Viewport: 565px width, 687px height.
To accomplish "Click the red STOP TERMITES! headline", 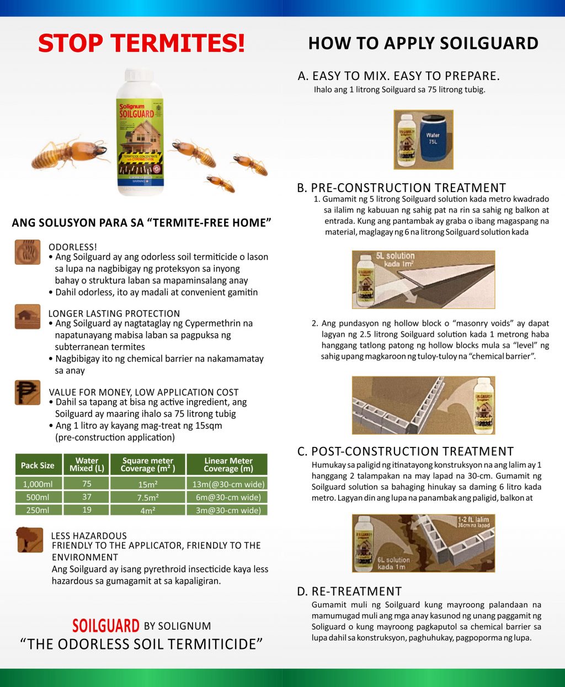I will [x=141, y=43].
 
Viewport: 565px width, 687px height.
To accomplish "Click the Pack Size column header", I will [x=38, y=465].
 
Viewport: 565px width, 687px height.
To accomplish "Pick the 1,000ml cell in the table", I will [x=38, y=484].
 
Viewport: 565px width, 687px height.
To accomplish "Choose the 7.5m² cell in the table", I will [x=147, y=497].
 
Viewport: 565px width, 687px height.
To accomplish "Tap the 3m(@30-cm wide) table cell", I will [x=228, y=510].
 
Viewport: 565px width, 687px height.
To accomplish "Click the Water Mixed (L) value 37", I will [x=87, y=497].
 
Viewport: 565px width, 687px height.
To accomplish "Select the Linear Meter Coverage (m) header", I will [x=228, y=465].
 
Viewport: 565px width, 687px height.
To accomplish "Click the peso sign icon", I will [x=28, y=392].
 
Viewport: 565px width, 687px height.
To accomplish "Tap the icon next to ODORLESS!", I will [x=28, y=252].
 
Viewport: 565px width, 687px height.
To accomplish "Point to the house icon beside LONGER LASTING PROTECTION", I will [x=28, y=317].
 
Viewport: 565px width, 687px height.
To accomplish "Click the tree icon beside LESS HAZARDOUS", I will [x=30, y=539].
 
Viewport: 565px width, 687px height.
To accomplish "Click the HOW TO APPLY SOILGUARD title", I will [x=423, y=43].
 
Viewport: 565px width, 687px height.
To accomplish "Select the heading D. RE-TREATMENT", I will [x=349, y=592].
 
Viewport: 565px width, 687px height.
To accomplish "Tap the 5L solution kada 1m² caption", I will [x=395, y=259].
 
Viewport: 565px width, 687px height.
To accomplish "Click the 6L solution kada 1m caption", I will [x=393, y=563].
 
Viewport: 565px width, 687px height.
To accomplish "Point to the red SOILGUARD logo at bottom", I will [x=106, y=626].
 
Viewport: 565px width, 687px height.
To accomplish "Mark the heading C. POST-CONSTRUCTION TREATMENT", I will [x=406, y=451].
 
